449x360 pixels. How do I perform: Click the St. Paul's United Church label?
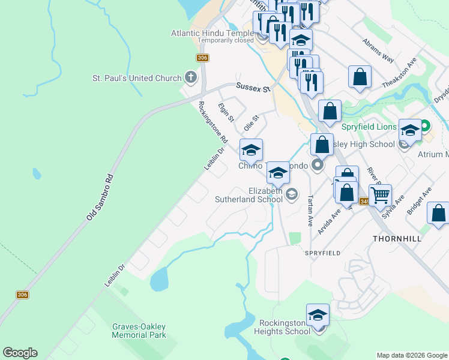[x=136, y=78]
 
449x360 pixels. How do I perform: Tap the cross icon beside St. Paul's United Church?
[x=191, y=77]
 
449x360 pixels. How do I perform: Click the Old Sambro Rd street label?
[x=100, y=196]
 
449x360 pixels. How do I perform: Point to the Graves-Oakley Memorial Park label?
[x=139, y=331]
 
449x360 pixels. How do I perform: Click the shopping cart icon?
[x=380, y=194]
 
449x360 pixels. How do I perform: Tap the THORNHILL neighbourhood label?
[x=397, y=238]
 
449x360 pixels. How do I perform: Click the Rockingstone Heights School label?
[x=282, y=326]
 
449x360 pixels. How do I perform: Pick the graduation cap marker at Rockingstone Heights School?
[x=318, y=314]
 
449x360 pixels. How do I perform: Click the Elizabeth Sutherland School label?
[x=266, y=195]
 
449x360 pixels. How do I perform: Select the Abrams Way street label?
[x=378, y=51]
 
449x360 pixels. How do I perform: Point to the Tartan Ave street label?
[x=310, y=209]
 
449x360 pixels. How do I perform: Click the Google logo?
[x=20, y=353]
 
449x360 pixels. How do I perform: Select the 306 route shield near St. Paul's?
[x=202, y=58]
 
